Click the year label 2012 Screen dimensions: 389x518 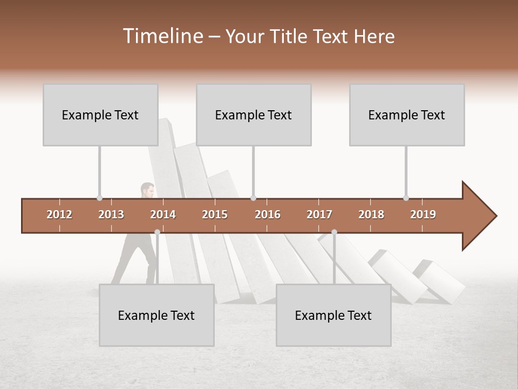[x=59, y=214]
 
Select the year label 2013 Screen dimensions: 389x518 [x=111, y=214]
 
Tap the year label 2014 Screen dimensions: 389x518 [x=163, y=214]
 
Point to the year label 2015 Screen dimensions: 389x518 [x=215, y=214]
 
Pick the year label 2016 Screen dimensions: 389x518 [x=268, y=214]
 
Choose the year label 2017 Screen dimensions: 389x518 [x=319, y=214]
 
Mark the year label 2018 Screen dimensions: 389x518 [x=371, y=214]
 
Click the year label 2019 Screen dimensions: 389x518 [x=423, y=214]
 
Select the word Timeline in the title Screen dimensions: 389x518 [x=162, y=36]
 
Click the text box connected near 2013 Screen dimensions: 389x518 [x=100, y=115]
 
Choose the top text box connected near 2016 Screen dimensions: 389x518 [x=254, y=115]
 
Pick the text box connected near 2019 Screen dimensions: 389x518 [x=407, y=115]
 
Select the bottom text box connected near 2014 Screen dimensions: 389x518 [x=156, y=315]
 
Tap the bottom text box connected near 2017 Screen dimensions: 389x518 [x=333, y=315]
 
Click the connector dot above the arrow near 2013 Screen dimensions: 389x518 [x=99, y=198]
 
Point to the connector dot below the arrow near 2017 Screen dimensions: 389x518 [x=334, y=232]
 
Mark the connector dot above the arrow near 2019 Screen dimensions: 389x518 [x=406, y=198]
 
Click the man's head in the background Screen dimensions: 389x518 [x=147, y=190]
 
